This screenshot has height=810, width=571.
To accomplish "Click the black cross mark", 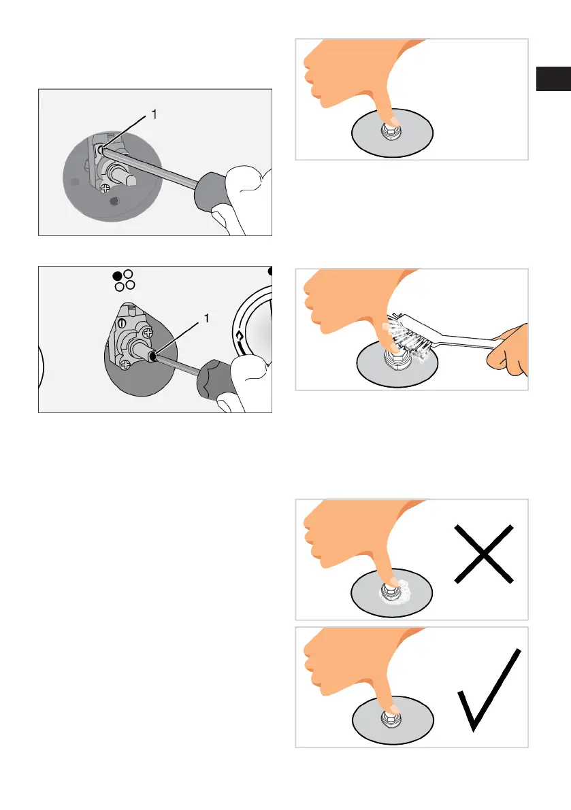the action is pos(484,554).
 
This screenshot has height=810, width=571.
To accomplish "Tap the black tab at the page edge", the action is pos(553,78).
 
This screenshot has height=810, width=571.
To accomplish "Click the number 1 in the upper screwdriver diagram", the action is pos(154,114).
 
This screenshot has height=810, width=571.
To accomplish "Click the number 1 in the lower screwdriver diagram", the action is pos(207,318).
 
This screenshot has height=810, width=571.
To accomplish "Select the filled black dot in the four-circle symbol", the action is pos(117,276).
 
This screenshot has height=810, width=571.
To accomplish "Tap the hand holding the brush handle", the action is pos(509,349).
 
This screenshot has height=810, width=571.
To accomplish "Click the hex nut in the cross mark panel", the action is pos(390,590).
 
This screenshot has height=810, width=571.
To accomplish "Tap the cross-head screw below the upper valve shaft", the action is pos(105,188).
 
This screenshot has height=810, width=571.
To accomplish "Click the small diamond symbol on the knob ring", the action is pos(240,336).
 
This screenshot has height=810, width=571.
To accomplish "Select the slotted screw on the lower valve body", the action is pos(123,323).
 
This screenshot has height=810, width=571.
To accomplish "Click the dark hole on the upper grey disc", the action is pos(115,201).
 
